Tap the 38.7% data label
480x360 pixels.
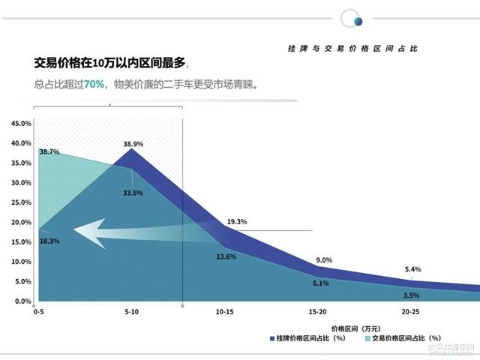click(x=49, y=151)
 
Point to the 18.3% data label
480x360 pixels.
click(x=49, y=241)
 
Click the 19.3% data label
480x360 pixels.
click(x=237, y=221)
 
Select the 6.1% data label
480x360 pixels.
click(x=321, y=283)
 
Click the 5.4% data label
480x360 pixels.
click(x=412, y=268)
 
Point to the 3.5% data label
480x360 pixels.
click(x=410, y=295)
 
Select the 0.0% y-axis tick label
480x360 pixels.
click(x=21, y=301)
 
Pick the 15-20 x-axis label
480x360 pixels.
click(x=319, y=310)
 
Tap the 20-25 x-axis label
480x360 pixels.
click(x=410, y=310)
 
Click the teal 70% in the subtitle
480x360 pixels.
click(x=94, y=84)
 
